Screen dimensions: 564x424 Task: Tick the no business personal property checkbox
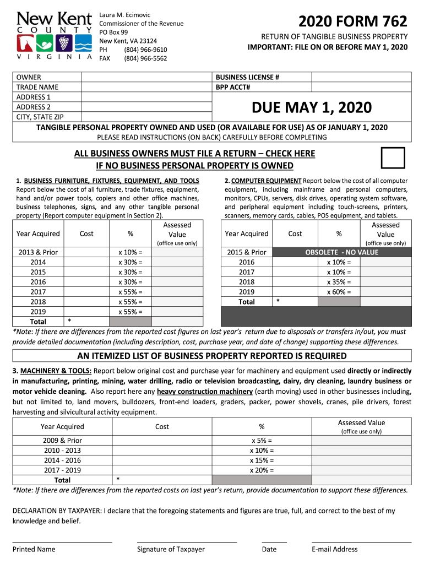click(393, 158)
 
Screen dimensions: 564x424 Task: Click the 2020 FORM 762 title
click(353, 22)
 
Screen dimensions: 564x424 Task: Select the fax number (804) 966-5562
click(145, 58)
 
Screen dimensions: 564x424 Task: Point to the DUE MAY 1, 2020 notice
click(312, 107)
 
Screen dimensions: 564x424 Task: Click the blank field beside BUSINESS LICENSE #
click(361, 78)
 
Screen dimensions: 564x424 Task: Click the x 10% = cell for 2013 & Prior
click(130, 252)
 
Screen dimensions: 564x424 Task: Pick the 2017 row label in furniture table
click(38, 292)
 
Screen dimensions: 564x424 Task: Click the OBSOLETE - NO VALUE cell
click(342, 252)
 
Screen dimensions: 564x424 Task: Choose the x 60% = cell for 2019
click(339, 292)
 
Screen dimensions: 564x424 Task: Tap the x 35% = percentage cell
click(339, 282)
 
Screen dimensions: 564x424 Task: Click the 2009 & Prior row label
click(63, 441)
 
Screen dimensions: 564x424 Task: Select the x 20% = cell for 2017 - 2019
click(262, 470)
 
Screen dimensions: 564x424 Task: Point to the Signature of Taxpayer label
click(171, 549)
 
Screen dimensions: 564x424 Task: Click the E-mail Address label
click(334, 549)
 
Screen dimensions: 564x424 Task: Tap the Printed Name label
click(34, 549)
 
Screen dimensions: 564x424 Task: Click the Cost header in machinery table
click(162, 427)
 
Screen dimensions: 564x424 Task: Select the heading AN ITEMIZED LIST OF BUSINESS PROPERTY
click(212, 356)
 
